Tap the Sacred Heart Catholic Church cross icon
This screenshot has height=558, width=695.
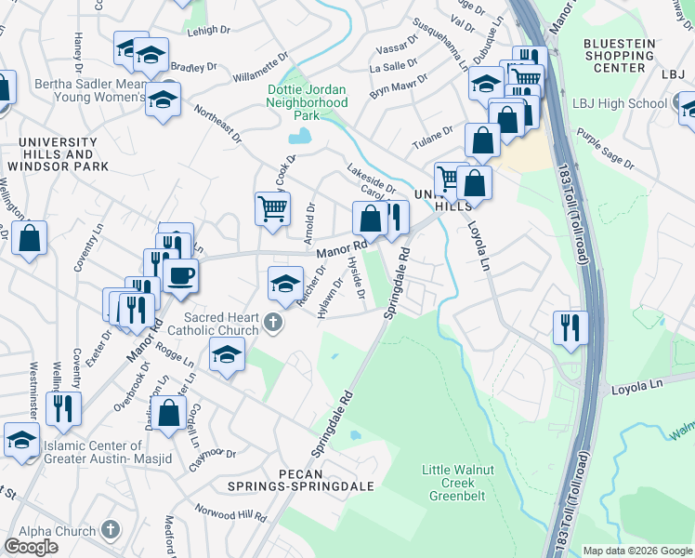[271, 323]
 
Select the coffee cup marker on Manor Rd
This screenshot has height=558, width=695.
[179, 276]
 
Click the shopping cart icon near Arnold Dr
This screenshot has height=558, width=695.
[272, 208]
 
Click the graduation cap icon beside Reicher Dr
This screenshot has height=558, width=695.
[285, 284]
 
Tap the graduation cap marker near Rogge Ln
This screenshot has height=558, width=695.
[227, 355]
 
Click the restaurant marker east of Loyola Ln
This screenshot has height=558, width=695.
[570, 327]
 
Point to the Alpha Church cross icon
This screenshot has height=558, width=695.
[111, 529]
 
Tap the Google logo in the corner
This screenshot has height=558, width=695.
[31, 546]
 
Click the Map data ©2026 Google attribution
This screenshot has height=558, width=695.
[636, 551]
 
